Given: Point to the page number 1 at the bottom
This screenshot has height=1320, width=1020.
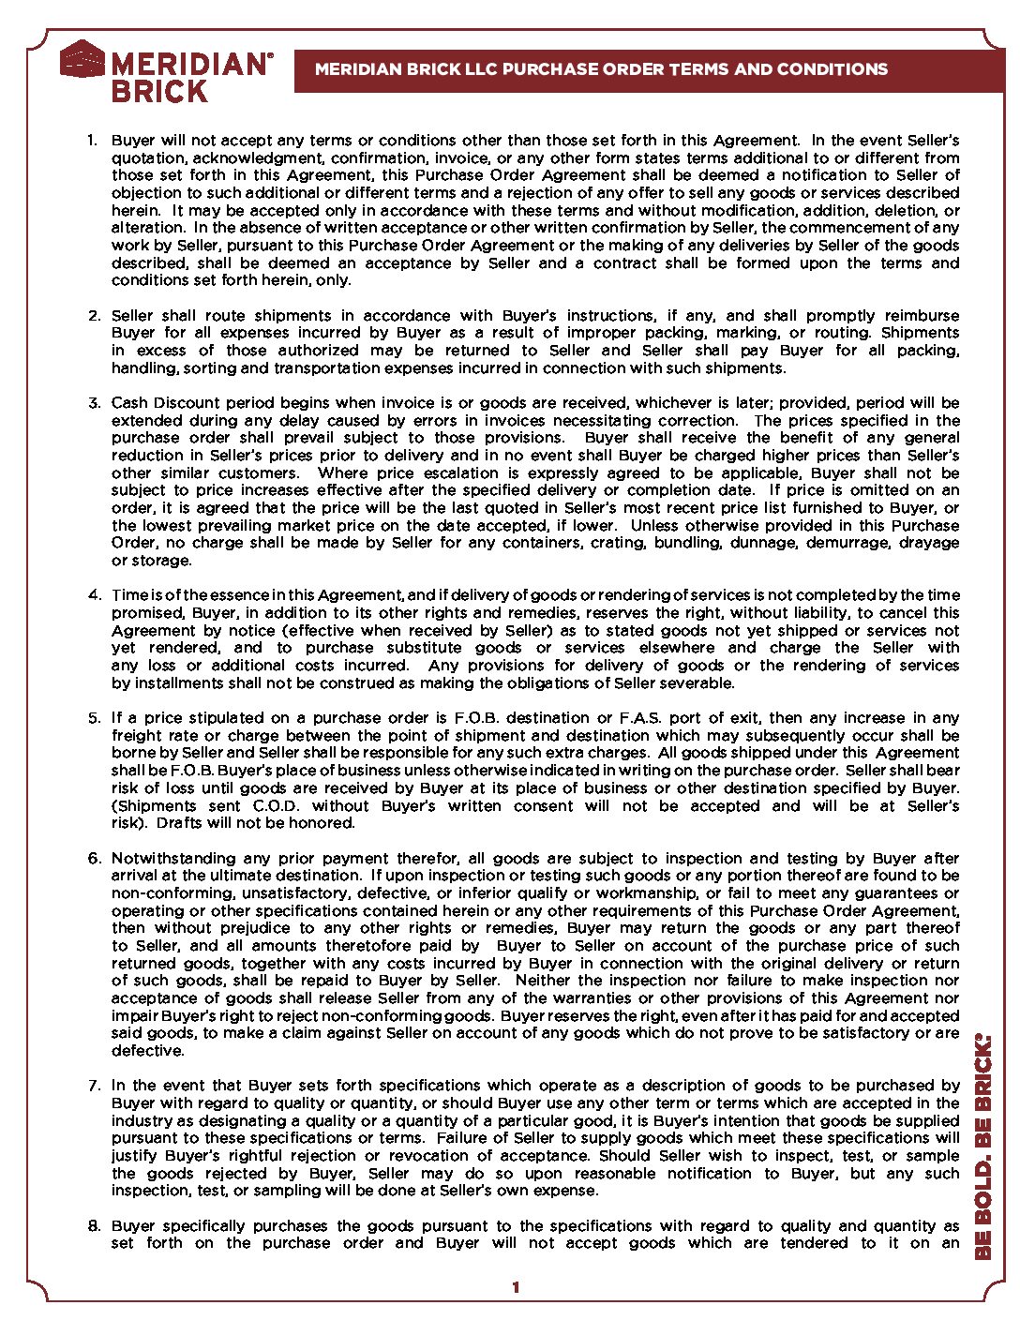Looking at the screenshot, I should (x=515, y=1288).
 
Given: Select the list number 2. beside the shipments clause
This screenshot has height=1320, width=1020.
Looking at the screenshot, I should (x=94, y=315).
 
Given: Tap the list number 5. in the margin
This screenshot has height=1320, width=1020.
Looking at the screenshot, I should (x=94, y=717).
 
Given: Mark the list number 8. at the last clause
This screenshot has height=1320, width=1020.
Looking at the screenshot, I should (x=94, y=1225).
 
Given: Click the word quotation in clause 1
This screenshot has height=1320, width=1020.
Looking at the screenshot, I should (x=148, y=158).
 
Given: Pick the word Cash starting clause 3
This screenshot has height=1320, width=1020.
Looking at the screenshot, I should (x=129, y=402).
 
